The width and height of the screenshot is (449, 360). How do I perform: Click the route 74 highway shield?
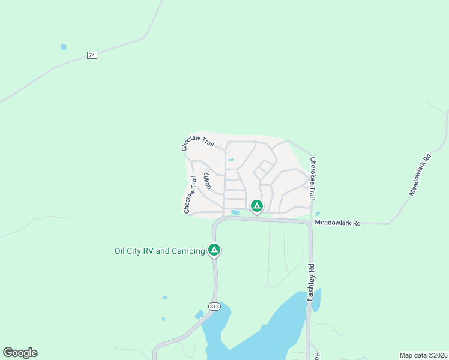pyautogui.click(x=92, y=55)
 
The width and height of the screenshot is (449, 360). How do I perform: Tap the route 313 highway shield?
pyautogui.click(x=214, y=307)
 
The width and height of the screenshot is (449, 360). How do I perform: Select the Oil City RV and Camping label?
pyautogui.click(x=160, y=251)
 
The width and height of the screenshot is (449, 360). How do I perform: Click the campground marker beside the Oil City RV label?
pyautogui.click(x=214, y=249)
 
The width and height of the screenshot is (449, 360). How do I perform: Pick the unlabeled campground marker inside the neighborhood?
pyautogui.click(x=256, y=206)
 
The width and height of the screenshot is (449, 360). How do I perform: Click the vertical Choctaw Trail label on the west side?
pyautogui.click(x=190, y=194)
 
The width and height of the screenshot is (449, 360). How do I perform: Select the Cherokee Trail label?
pyautogui.click(x=313, y=178)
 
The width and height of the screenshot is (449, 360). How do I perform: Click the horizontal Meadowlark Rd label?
pyautogui.click(x=338, y=223)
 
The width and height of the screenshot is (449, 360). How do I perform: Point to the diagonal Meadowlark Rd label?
pyautogui.click(x=420, y=175)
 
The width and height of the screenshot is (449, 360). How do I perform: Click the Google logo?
pyautogui.click(x=20, y=353)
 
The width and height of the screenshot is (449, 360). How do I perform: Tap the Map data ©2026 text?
pyautogui.click(x=423, y=355)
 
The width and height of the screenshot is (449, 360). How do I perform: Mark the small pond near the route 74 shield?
pyautogui.click(x=64, y=47)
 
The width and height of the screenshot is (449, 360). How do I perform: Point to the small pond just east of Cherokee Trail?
pyautogui.click(x=318, y=214)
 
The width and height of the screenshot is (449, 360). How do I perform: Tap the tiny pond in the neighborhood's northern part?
pyautogui.click(x=231, y=160)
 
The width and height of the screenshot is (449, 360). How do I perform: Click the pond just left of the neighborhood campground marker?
pyautogui.click(x=235, y=212)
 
